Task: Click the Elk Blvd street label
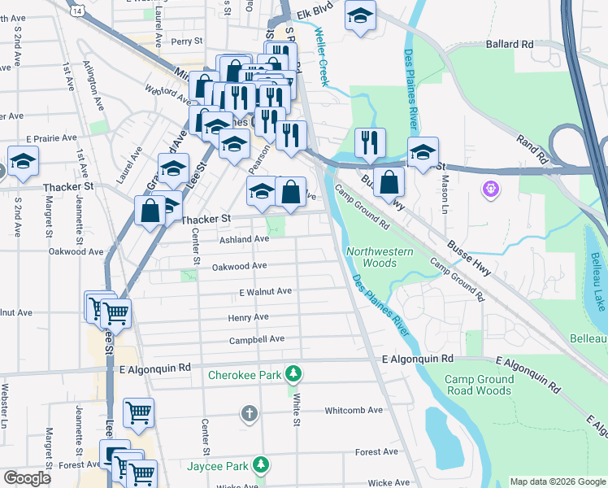[317, 12]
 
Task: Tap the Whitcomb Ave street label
[354, 411]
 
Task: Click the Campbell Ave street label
[256, 339]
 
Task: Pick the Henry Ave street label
[248, 317]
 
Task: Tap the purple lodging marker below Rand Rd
[491, 190]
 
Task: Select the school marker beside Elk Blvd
[359, 15]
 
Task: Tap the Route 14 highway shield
[76, 8]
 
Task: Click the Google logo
[27, 478]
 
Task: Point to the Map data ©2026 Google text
[557, 481]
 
